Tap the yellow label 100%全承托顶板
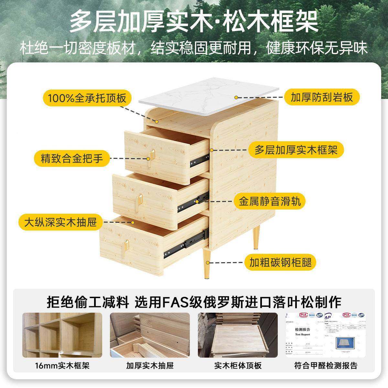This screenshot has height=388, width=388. coord(87,98)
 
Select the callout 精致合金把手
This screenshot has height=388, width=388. coord(72,159)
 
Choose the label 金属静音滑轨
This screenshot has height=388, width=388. coord(270,201)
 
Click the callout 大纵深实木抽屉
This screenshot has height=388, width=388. coord(61,222)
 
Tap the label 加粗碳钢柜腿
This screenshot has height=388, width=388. coord(280,262)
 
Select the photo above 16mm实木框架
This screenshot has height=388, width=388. coord(62,335)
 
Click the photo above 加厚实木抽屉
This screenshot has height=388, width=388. coord(150,335)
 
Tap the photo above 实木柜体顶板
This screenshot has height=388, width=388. coord(238,335)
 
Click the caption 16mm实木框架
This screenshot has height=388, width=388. coord(62,366)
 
